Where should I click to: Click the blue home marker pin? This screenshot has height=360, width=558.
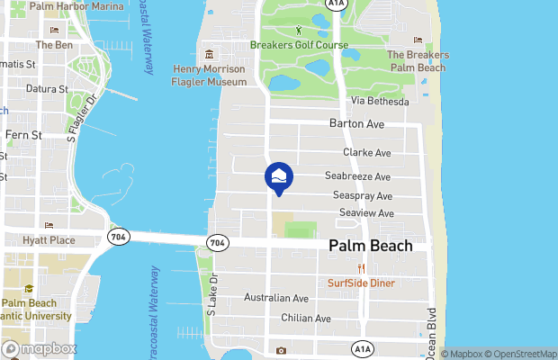[279, 176]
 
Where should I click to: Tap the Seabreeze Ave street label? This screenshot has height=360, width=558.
[362, 177]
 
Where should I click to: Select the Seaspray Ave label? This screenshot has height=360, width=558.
[363, 195]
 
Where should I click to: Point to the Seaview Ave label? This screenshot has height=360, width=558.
[367, 213]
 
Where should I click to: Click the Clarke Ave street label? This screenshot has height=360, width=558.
[366, 153]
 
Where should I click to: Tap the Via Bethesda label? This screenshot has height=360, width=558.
[380, 102]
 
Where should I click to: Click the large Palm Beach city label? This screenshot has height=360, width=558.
[371, 246]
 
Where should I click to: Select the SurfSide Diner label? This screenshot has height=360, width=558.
[361, 283]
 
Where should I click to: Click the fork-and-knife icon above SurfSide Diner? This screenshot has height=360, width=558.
[362, 268]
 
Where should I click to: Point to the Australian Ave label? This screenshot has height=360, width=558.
[277, 298]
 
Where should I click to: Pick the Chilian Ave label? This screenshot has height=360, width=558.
[304, 319]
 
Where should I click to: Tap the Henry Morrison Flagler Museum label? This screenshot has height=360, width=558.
[209, 76]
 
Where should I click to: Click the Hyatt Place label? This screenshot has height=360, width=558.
[49, 241]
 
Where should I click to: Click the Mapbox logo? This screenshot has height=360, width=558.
[40, 348]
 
